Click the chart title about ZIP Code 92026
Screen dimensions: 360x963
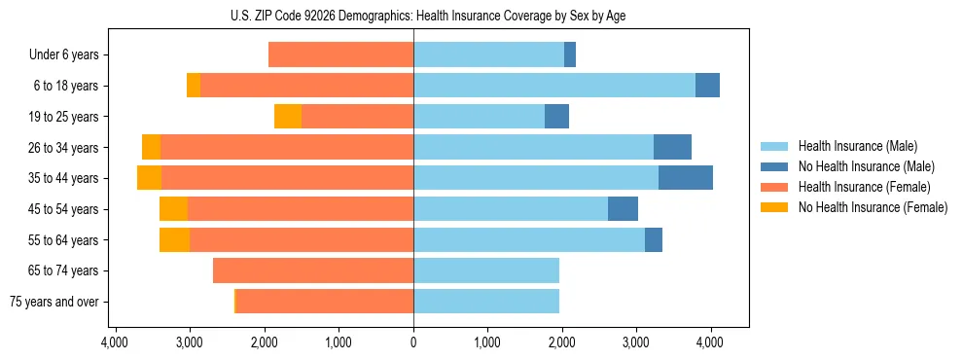[x=413, y=17]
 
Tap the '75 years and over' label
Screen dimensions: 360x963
[x=53, y=302]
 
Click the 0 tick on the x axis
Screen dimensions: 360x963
[x=413, y=342]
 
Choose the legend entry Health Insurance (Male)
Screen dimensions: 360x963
[x=856, y=146]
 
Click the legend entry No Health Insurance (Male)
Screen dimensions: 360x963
[x=866, y=166]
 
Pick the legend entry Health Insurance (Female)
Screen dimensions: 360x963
[x=863, y=187]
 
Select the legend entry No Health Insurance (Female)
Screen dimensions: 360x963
[x=873, y=207]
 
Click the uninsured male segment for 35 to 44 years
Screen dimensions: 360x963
[x=686, y=178]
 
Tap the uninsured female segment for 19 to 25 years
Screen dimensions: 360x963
[x=288, y=117]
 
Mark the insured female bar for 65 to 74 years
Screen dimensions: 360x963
[x=313, y=270]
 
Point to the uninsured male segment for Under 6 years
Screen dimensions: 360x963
[x=570, y=54]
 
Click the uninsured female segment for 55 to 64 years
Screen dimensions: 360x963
[x=174, y=239]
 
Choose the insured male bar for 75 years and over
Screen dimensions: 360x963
[x=486, y=302]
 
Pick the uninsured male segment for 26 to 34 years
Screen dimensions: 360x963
[x=672, y=147]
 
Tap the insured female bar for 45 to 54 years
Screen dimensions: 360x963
[x=300, y=209]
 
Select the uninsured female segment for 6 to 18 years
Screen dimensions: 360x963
[x=194, y=86]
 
